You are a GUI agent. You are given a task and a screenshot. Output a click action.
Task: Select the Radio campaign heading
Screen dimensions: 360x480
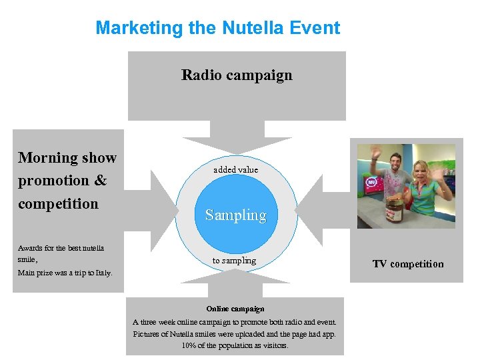[x=237, y=75]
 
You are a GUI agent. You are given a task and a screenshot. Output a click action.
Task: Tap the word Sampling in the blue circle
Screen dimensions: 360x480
[x=235, y=215]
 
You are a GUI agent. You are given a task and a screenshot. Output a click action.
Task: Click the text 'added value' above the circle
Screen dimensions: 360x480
[x=235, y=170]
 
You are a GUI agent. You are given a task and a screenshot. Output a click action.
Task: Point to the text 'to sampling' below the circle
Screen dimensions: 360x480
[x=234, y=261]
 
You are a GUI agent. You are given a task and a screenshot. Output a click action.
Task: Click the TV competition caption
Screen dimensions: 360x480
[x=407, y=264]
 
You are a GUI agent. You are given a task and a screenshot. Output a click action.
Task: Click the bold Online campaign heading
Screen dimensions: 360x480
[x=235, y=309]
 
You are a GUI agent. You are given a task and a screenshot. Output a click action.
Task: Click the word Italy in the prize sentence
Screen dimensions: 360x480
[x=103, y=273]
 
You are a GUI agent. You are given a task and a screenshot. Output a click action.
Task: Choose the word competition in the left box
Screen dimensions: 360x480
[x=58, y=203]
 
